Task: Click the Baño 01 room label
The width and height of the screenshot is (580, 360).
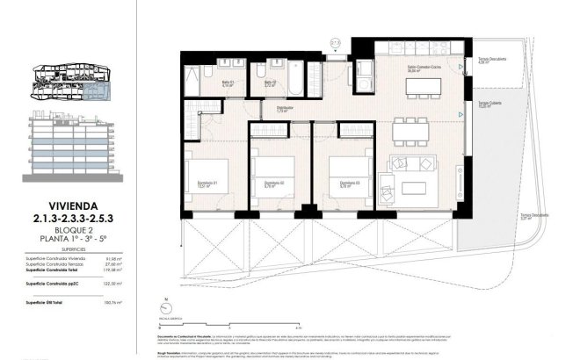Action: (201, 83)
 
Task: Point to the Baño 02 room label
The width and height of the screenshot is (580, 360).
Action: (271, 83)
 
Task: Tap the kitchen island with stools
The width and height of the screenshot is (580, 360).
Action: (417, 86)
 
